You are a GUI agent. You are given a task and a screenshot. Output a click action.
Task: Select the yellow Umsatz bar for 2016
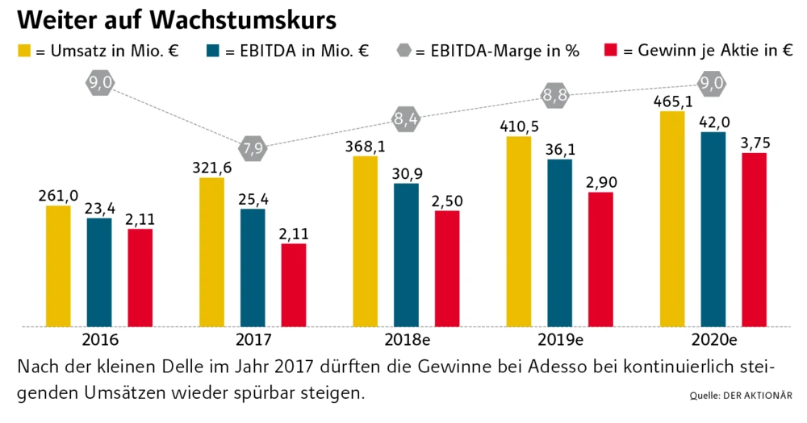[x=58, y=266]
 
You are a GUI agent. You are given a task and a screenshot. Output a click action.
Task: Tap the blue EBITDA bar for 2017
[x=253, y=267]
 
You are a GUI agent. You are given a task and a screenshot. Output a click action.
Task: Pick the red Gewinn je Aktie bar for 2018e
[x=447, y=268]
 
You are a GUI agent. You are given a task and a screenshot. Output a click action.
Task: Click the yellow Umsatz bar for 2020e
[x=673, y=218]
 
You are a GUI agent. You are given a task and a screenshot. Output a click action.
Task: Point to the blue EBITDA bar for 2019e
[x=559, y=243]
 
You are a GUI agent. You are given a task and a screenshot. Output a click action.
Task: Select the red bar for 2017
[x=294, y=284]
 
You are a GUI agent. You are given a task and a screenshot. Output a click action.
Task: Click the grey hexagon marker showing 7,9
[x=253, y=147]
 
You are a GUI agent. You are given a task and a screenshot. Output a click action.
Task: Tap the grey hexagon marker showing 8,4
[x=406, y=119]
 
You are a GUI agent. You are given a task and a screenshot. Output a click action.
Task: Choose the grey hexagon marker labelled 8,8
[x=555, y=95]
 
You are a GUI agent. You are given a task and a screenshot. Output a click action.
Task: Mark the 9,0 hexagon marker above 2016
[x=100, y=83]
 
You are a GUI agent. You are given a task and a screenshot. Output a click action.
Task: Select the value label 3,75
[x=755, y=143]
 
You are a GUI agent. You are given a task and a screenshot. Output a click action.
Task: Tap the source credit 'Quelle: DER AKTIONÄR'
[x=740, y=395]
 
